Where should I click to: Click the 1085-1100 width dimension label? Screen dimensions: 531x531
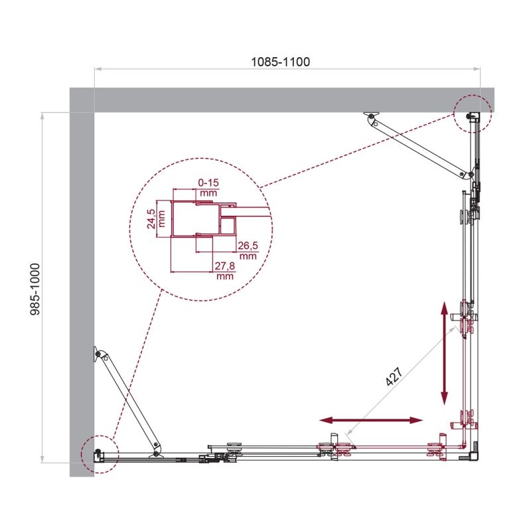point(281,62)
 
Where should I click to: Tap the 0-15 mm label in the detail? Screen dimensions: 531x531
point(208,185)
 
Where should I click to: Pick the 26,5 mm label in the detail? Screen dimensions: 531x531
point(247,250)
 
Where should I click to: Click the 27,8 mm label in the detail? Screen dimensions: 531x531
point(225,271)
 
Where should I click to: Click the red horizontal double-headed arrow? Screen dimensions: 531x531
point(370,420)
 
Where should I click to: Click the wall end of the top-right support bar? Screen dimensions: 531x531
point(371,117)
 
